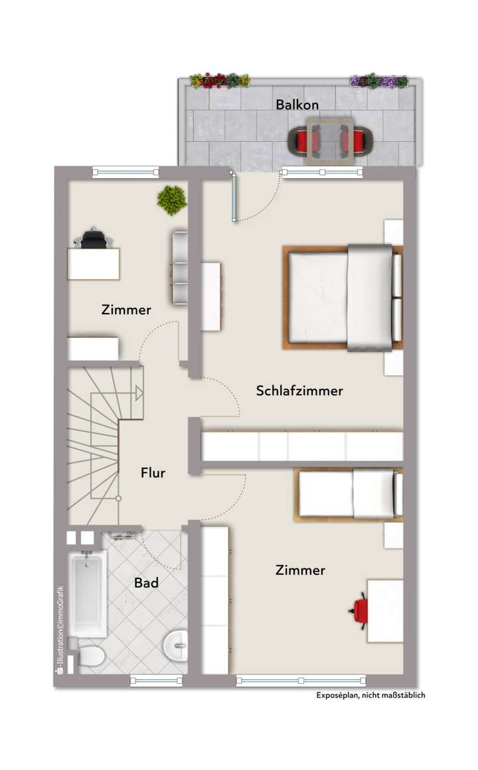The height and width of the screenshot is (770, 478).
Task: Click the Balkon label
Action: pos(297,105)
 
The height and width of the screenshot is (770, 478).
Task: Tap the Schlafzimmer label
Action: pos(299,391)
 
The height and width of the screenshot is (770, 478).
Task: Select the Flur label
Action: pos(153,473)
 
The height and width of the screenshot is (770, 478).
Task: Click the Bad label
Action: pos(146,583)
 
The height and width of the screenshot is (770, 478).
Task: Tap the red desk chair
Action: pos(359,609)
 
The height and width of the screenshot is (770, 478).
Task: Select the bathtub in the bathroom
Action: pos(88,594)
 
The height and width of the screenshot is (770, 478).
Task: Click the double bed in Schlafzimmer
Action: pos(342,296)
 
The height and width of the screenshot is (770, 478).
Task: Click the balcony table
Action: pos(329,140)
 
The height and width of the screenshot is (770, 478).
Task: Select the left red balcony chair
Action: pos(303,140)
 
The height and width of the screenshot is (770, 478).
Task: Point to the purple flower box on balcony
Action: pos(378,82)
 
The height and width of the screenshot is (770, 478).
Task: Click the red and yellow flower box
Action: pos(220,81)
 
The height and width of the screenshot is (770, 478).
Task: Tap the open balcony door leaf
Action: pos(233,196)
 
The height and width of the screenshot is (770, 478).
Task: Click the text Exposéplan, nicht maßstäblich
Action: pos(370,695)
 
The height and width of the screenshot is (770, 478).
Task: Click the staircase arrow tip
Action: pos(140,393)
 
